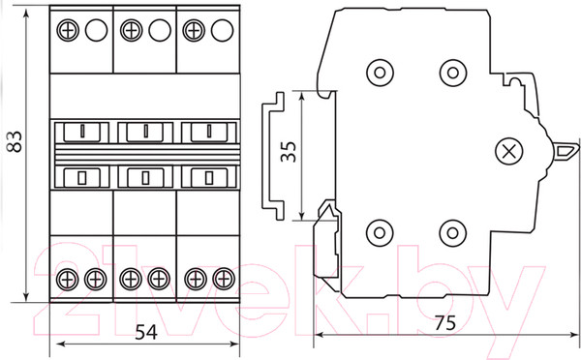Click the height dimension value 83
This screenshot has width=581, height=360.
point(15,142)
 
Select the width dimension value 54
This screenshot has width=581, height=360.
point(146,332)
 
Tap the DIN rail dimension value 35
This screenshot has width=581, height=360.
point(289,152)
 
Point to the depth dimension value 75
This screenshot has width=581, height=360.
point(445,323)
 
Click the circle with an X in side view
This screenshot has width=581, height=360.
point(508,151)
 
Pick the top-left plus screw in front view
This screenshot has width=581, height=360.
point(68,30)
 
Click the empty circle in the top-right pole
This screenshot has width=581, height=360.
point(223,30)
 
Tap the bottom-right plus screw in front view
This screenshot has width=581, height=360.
point(224,279)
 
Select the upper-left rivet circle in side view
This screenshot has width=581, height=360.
point(380,73)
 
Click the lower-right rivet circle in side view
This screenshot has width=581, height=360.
point(452,233)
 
